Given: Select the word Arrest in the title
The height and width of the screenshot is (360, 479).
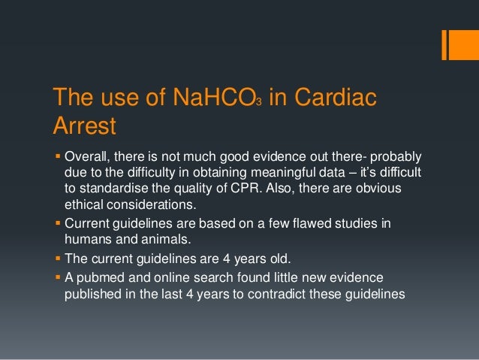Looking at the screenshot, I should click(x=83, y=126).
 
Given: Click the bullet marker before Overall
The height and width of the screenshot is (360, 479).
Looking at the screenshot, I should click(x=57, y=156).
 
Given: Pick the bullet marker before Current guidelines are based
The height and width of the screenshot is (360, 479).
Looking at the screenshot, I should click(x=57, y=224).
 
